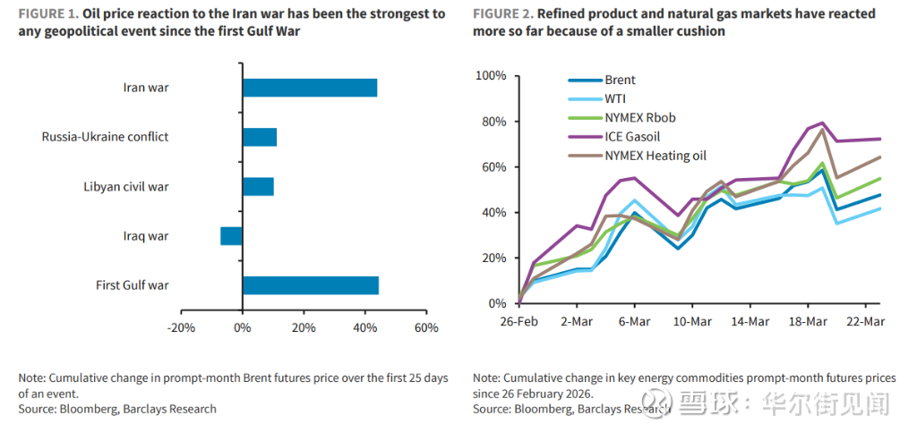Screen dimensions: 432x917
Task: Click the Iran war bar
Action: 309,88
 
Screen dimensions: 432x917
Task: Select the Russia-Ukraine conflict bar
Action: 260,137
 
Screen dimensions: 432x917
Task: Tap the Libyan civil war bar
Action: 258,187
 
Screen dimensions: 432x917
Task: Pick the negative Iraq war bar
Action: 231,236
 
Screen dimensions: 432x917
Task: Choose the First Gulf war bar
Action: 310,285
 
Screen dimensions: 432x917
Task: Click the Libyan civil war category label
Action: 126,187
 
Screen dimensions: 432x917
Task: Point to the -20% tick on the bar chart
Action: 181,327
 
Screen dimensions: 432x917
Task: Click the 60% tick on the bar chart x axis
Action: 425,327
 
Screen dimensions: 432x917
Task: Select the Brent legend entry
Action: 620,80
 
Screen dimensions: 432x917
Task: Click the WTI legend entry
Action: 616,98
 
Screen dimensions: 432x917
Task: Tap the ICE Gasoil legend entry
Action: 633,136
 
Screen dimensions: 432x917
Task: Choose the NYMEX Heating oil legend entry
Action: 656,156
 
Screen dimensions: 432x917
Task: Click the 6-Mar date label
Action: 633,321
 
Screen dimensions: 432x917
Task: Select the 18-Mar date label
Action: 809,321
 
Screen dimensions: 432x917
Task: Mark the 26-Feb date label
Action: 518,321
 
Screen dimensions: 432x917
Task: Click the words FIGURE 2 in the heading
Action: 502,14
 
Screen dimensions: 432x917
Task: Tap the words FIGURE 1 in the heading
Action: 47,14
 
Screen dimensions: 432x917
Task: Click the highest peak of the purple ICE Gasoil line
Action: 822,123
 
